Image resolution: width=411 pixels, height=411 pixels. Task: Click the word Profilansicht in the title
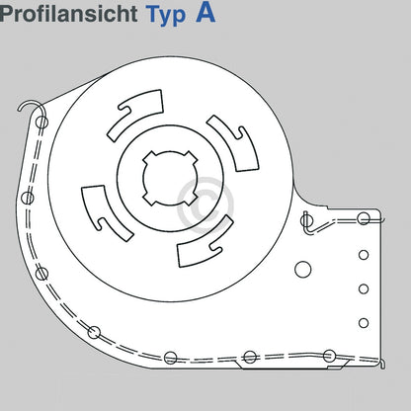point(68,14)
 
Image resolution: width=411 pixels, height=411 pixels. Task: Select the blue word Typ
point(166,16)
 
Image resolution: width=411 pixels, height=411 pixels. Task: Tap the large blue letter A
point(205,13)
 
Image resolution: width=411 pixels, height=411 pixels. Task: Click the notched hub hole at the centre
point(170,178)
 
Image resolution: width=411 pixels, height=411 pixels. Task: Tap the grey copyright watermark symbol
point(205,205)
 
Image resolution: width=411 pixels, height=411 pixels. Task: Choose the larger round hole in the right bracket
point(303,270)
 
